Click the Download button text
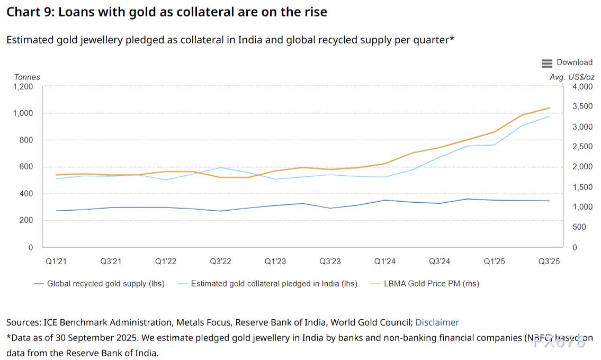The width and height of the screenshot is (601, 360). point(575,62)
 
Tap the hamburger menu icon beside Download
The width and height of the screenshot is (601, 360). point(547,63)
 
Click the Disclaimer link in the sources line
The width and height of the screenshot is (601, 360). point(437,322)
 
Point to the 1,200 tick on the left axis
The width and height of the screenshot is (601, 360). point(23,86)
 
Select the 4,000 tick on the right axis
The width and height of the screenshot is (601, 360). point(582,86)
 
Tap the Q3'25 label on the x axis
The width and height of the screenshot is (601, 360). point(549,261)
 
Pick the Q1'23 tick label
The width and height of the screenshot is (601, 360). point(276,261)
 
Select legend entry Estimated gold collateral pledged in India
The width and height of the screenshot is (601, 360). point(274,284)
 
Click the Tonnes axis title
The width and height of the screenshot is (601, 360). point(27,77)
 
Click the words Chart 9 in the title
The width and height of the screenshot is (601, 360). point(28,12)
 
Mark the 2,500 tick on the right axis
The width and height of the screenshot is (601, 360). point(582,147)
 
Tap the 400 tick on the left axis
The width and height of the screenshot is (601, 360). point(26,194)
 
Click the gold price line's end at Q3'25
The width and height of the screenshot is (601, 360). point(550,108)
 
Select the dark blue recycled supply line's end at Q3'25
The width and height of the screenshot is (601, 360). point(550,201)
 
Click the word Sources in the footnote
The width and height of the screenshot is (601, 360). point(23,322)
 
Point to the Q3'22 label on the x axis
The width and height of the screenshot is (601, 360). point(220,261)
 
